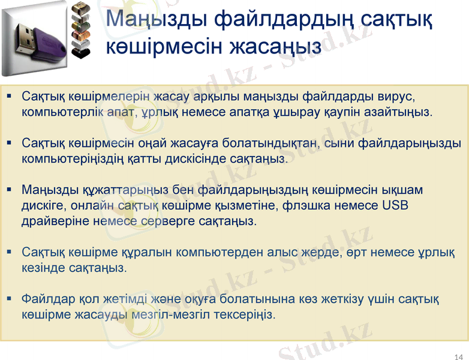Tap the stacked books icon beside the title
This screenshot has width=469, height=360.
click(x=80, y=30)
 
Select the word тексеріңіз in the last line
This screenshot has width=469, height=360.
click(x=251, y=314)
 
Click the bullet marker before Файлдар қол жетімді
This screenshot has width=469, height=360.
click(x=10, y=298)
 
